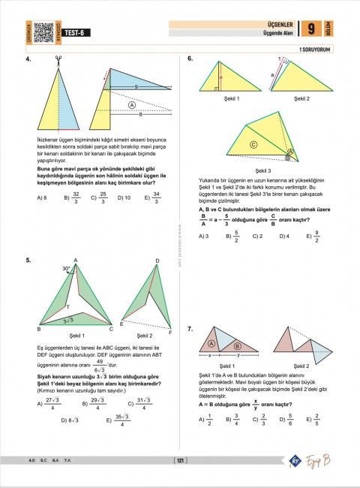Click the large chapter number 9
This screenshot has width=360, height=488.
[310, 29]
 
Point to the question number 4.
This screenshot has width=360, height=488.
[28, 59]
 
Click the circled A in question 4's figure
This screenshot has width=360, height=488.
[132, 106]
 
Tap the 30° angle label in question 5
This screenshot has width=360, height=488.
[67, 268]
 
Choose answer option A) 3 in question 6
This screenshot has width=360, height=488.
[202, 236]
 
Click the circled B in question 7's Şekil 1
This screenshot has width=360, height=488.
[237, 346]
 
